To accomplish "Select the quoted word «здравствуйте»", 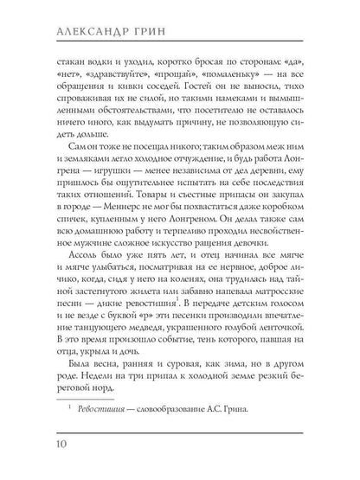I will [110, 76].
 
